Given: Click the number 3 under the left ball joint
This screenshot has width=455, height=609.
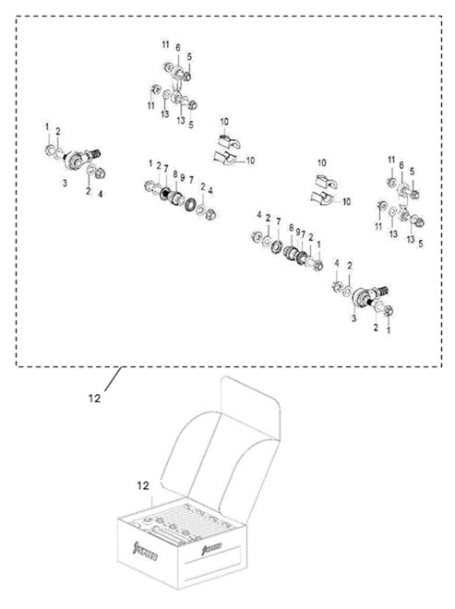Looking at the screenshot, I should (65, 184).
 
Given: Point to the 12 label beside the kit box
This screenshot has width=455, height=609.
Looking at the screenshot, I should (143, 484).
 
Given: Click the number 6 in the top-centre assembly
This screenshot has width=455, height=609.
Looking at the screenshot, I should (178, 47).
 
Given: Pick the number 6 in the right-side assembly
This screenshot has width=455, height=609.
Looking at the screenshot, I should (402, 162).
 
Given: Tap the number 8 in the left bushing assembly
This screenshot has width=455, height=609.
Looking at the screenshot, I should (174, 173).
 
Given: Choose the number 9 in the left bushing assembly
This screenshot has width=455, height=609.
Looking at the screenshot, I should (183, 177).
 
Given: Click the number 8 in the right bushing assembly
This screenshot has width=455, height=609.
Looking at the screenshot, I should (291, 226).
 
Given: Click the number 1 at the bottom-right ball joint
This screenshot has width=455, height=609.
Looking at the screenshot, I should (388, 328).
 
